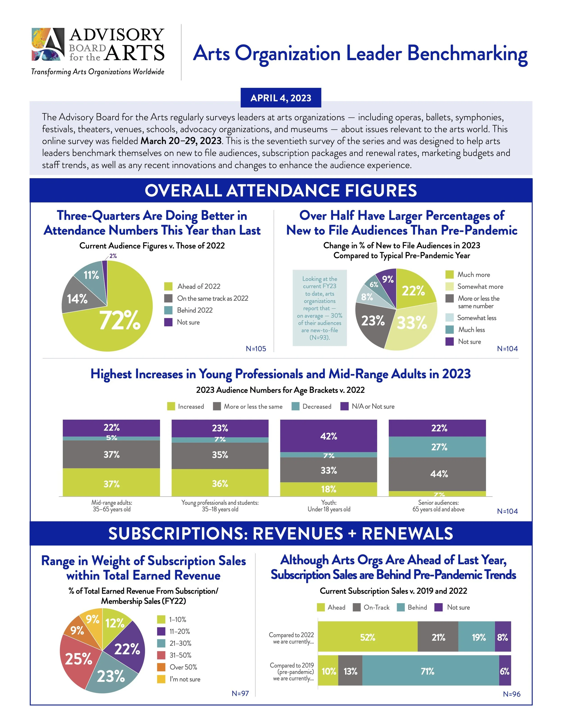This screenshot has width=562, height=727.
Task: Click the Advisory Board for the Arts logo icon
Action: pos(48,44)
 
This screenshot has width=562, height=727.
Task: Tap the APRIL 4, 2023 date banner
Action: pos(281,98)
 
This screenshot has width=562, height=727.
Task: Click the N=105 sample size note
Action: pos(256,349)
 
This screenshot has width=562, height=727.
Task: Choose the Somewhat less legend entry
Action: pos(476,318)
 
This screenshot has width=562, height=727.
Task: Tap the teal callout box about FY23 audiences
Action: pos(320,308)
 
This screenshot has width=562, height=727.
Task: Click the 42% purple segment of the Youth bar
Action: pos(329,436)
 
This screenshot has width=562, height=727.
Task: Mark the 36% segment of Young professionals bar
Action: pos(220,483)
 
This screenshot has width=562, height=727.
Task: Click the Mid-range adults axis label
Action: pos(112,506)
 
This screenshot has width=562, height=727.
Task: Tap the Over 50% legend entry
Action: pos(183,667)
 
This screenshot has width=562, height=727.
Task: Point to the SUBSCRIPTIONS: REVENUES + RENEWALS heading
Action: pos(281,533)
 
